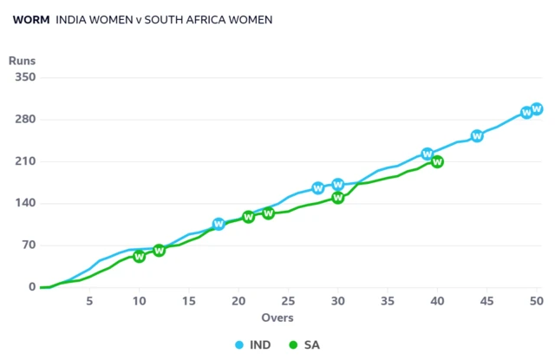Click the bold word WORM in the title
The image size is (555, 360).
pyautogui.click(x=30, y=19)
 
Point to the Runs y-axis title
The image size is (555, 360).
pyautogui.click(x=22, y=61)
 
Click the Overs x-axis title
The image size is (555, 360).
pyautogui.click(x=277, y=318)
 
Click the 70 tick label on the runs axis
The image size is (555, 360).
pyautogui.click(x=28, y=245)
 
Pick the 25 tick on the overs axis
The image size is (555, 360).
pyautogui.click(x=288, y=301)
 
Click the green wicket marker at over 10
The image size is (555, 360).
pyautogui.click(x=139, y=257)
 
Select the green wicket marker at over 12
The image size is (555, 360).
pyautogui.click(x=159, y=251)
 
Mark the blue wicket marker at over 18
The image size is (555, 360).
pyautogui.click(x=219, y=225)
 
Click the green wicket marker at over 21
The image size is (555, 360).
pyautogui.click(x=248, y=217)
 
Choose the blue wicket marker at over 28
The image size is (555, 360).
pyautogui.click(x=318, y=188)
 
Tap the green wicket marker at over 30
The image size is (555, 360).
pyautogui.click(x=338, y=198)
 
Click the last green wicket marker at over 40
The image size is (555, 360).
pyautogui.click(x=437, y=161)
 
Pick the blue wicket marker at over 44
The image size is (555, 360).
pyautogui.click(x=477, y=136)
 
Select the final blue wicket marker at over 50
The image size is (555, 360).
pyautogui.click(x=537, y=108)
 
